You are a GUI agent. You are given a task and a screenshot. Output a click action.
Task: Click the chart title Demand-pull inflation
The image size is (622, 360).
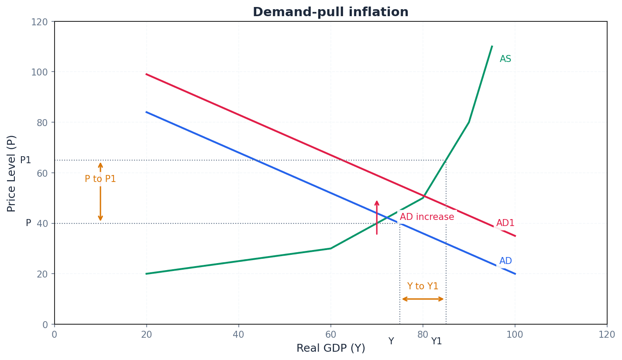(330, 12)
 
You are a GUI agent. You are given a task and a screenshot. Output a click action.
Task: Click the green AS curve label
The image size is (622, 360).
(505, 59)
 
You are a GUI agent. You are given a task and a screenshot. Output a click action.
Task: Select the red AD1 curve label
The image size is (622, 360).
(505, 223)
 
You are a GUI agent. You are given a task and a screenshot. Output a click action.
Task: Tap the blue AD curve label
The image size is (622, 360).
(505, 261)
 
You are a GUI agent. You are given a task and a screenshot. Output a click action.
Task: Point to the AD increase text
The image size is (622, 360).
(426, 217)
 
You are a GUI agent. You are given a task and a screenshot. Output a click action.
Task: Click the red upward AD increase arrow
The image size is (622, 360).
(377, 217)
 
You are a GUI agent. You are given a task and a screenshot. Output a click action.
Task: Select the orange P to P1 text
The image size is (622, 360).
(100, 179)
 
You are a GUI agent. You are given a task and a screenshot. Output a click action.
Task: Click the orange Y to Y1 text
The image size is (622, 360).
(423, 287)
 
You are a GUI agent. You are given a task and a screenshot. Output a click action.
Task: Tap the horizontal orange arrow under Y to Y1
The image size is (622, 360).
(423, 299)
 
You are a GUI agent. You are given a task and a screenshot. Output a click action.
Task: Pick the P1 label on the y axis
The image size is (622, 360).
(26, 161)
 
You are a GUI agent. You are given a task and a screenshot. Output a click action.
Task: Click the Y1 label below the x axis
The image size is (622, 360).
(436, 342)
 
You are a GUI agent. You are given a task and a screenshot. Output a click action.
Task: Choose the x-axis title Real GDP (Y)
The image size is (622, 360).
(330, 349)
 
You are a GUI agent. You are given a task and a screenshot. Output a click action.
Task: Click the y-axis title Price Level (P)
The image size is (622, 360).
(12, 173)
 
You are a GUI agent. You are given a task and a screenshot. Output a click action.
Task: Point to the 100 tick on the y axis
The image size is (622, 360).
(39, 72)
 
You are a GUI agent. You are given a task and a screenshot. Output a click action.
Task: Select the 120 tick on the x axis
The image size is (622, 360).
(607, 335)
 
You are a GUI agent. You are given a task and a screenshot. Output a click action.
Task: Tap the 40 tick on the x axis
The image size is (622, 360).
(238, 335)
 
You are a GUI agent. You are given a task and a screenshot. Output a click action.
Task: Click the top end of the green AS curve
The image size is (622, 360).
(492, 46)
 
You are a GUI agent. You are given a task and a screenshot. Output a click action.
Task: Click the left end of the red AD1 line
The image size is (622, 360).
(147, 74)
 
